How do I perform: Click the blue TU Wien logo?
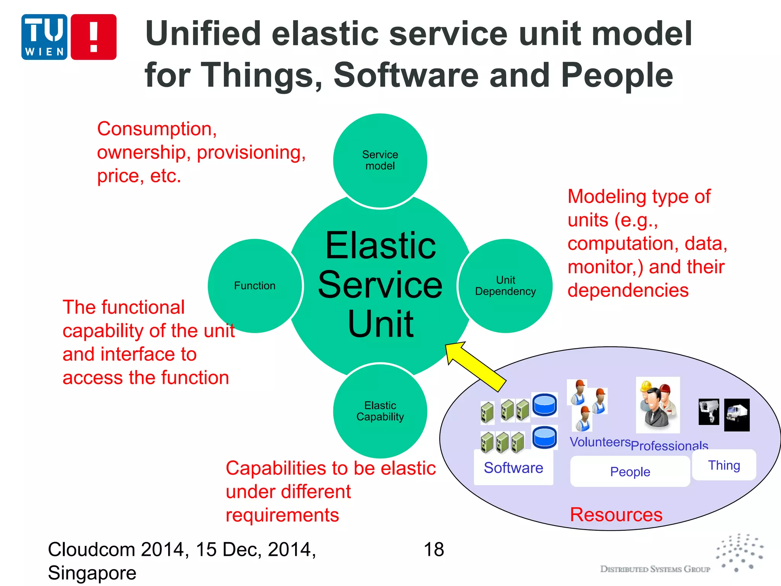pyautogui.click(x=44, y=37)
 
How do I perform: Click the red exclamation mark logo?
pyautogui.click(x=93, y=37)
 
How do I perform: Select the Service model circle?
pyautogui.click(x=380, y=161)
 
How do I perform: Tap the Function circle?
pyautogui.click(x=255, y=286)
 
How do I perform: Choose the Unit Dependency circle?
pyautogui.click(x=505, y=286)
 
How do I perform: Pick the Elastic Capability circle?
pyautogui.click(x=380, y=411)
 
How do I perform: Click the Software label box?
pyautogui.click(x=513, y=468)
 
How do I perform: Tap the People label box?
pyautogui.click(x=630, y=472)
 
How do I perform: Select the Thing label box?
pyautogui.click(x=724, y=465)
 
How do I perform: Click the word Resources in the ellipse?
pyautogui.click(x=616, y=515)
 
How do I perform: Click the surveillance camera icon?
pyautogui.click(x=709, y=412)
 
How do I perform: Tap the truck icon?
pyautogui.click(x=736, y=415)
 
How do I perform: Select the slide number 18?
pyautogui.click(x=434, y=550)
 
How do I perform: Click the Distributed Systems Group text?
pyautogui.click(x=655, y=569)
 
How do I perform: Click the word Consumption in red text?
pyautogui.click(x=156, y=129)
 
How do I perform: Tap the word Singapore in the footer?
pyautogui.click(x=92, y=573)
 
